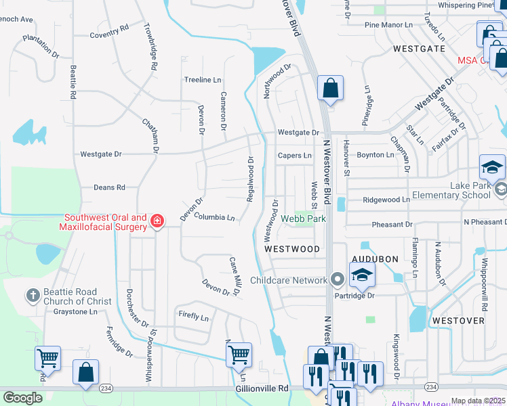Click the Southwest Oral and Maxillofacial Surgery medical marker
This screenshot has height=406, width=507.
pos(157,220)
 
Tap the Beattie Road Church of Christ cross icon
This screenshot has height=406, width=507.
pos(33,295)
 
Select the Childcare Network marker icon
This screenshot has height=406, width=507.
pos(338,279)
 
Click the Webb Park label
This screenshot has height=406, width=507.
pos(304,219)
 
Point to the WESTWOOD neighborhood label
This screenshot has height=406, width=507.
pos(291,249)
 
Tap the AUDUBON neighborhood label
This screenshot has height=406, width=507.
pos(373,259)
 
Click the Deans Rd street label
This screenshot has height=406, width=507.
pos(109,187)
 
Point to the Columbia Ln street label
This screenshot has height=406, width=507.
pos(214,218)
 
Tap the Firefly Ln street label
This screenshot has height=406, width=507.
pos(194,315)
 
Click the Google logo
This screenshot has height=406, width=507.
pos(22,398)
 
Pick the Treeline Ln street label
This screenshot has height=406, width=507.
pos(203,80)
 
